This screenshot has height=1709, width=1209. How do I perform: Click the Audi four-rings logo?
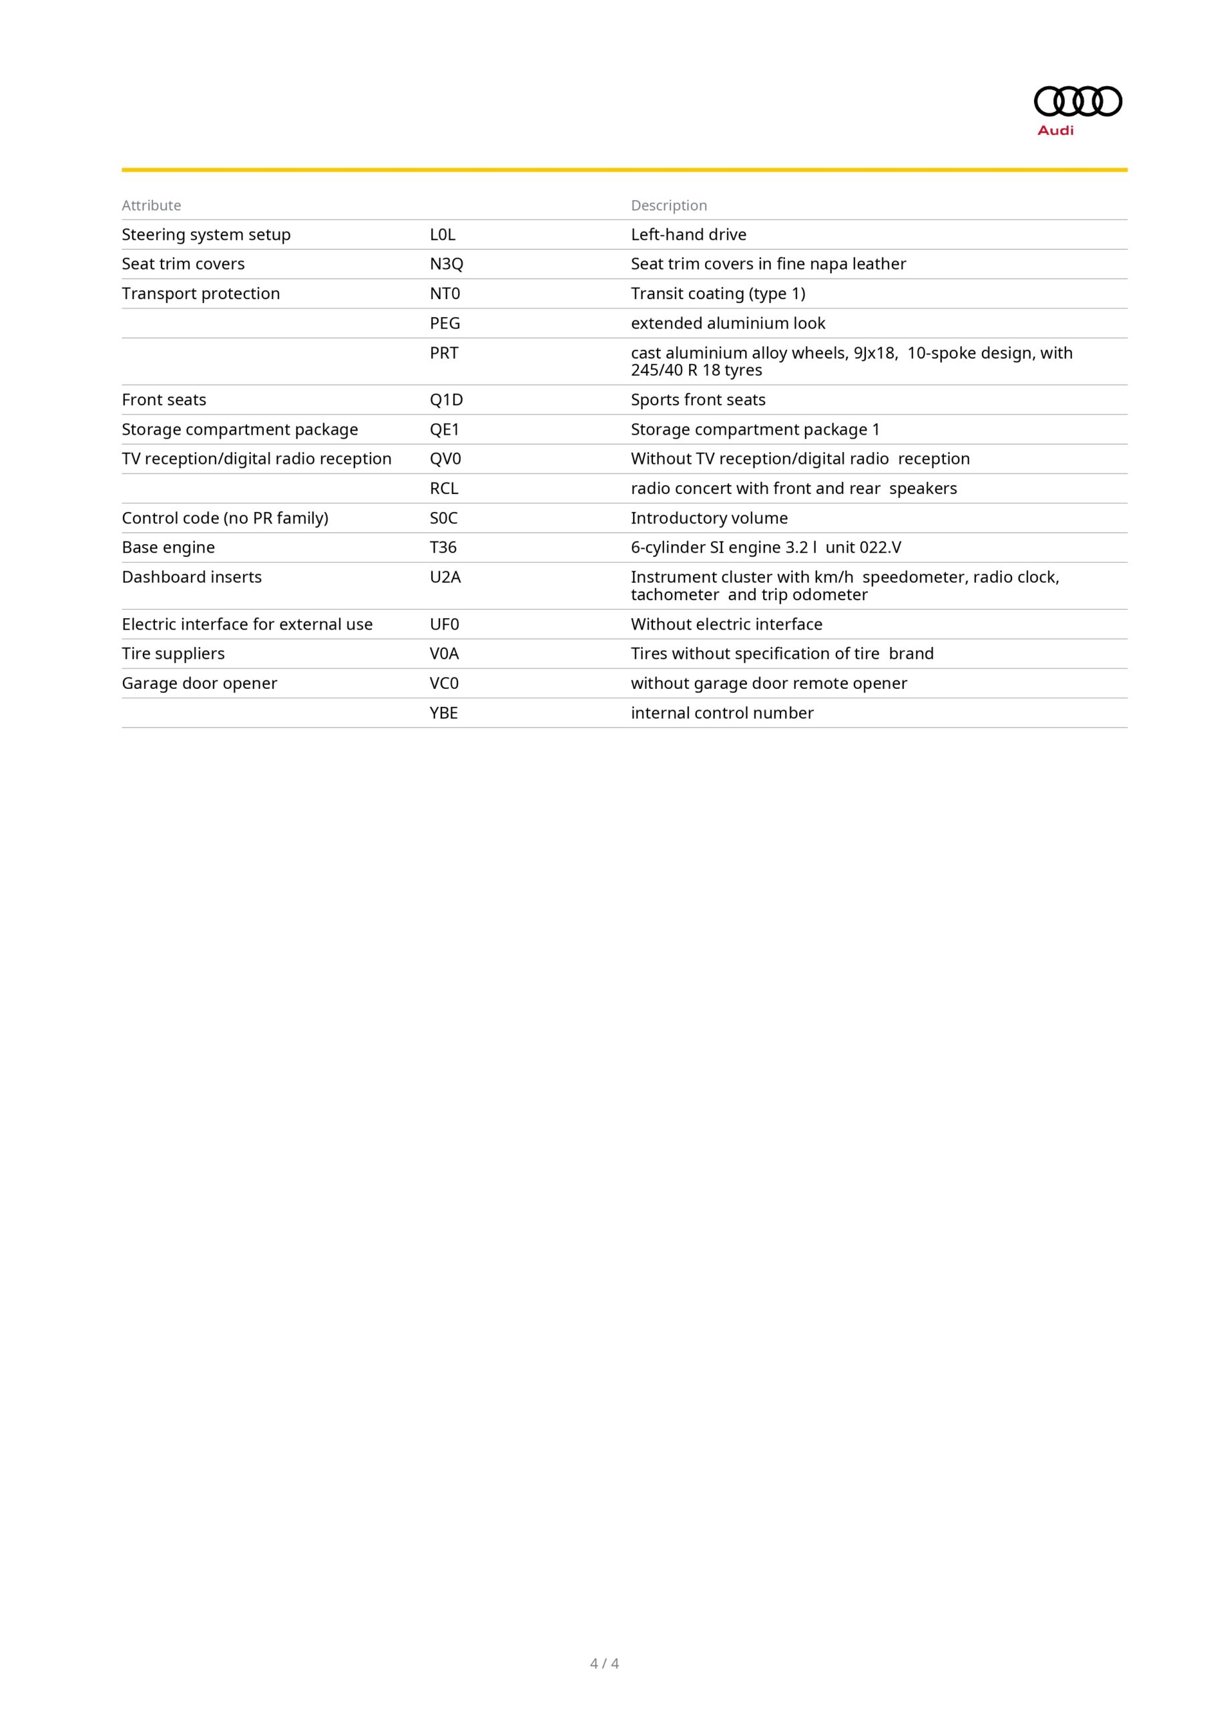[1077, 101]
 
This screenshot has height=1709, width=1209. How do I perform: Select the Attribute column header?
[151, 206]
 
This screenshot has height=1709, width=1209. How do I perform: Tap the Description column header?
[668, 206]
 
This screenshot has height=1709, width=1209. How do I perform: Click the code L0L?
[442, 234]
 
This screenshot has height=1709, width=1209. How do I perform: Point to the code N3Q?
[446, 264]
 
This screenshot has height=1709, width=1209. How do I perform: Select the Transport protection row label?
[200, 293]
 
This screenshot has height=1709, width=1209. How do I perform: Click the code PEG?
[445, 323]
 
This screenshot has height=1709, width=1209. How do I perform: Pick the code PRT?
[444, 353]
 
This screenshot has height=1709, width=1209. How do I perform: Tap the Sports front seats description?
[698, 400]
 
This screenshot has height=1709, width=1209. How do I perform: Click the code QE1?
[445, 429]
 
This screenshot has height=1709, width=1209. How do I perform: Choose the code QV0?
[445, 459]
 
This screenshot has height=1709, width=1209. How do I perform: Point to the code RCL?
[444, 488]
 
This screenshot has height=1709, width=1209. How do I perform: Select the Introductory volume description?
[709, 518]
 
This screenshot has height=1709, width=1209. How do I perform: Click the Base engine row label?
[168, 547]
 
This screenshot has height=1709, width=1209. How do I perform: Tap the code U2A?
[445, 577]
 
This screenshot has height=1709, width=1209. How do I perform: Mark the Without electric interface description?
[726, 624]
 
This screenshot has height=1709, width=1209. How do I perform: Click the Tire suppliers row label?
[173, 654]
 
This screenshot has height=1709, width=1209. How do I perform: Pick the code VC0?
[444, 684]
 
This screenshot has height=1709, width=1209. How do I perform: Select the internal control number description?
[722, 713]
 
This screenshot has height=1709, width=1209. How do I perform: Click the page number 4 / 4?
[603, 1663]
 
